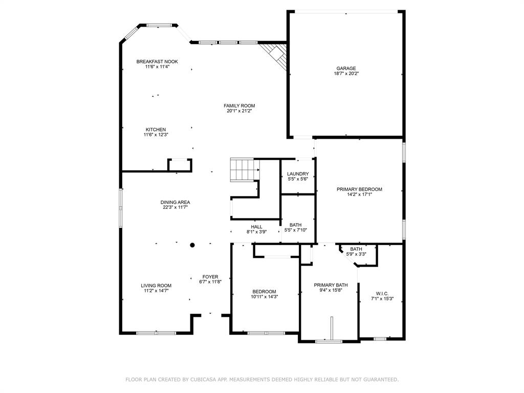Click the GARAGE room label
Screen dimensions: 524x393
click(346, 69)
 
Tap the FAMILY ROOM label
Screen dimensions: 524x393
click(239, 106)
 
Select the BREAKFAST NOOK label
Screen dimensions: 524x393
click(157, 62)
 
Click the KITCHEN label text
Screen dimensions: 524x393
click(156, 129)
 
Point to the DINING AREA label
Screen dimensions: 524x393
click(175, 203)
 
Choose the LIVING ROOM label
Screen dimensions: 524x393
click(156, 286)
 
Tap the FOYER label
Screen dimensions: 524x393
click(210, 277)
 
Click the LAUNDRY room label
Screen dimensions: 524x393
click(298, 174)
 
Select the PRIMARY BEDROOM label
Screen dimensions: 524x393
click(359, 189)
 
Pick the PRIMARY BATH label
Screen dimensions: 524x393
click(331, 285)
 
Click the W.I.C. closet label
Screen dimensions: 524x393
click(382, 294)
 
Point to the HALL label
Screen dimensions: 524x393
click(257, 227)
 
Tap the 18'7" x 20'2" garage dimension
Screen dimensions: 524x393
click(346, 74)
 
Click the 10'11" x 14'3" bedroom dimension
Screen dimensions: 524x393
click(265, 297)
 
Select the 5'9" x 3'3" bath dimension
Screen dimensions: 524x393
click(356, 254)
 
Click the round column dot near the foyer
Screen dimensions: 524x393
click(192, 245)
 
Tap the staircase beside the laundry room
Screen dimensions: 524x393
click(245, 170)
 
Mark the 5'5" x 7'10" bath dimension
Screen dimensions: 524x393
click(295, 230)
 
